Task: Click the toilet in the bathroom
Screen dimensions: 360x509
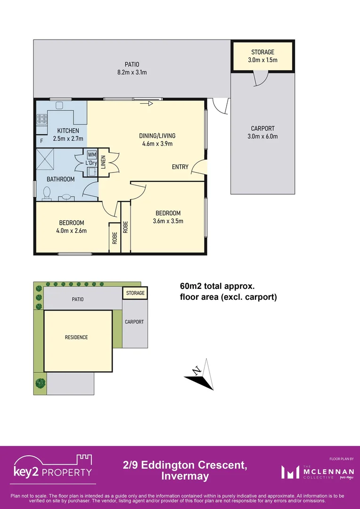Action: [47, 194]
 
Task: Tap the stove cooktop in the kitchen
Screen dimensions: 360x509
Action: [42, 118]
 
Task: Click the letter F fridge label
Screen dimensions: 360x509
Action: [41, 141]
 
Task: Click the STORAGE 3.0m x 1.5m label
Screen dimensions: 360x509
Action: [262, 56]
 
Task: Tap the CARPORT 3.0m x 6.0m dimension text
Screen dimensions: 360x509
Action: [262, 136]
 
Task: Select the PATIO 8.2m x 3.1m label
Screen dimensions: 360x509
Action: [132, 68]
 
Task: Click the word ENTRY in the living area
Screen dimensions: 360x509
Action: [180, 167]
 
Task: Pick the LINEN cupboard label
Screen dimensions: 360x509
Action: [103, 162]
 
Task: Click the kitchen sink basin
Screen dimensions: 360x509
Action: [59, 106]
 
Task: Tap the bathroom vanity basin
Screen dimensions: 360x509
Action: [67, 197]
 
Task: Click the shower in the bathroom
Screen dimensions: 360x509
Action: [46, 158]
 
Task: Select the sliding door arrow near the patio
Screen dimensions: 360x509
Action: [146, 104]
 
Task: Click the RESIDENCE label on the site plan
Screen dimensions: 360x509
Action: [76, 337]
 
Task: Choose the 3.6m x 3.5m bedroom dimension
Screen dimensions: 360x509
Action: [168, 222]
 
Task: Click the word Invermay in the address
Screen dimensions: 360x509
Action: [185, 477]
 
